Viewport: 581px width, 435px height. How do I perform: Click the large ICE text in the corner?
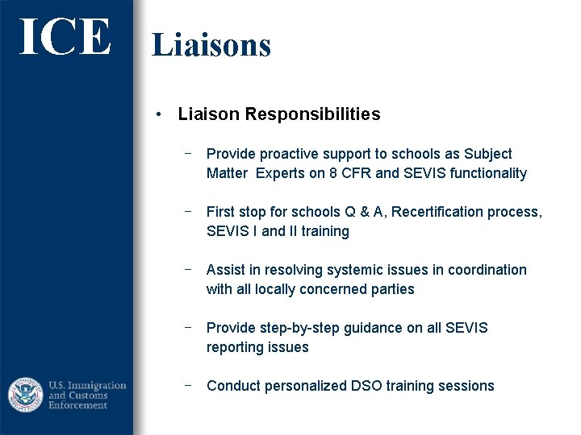coord(65,37)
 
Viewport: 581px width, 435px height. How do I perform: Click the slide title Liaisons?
coord(211,44)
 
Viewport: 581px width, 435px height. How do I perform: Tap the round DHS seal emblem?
coord(25,395)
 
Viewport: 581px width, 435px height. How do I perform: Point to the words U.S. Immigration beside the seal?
coord(87,385)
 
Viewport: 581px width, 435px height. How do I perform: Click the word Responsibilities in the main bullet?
coord(312,114)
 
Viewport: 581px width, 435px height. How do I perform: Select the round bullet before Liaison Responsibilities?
coord(161,114)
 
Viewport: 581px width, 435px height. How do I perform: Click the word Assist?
coord(226,270)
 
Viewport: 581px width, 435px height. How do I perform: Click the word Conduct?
coord(233,386)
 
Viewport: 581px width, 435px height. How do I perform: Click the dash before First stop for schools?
coord(187,212)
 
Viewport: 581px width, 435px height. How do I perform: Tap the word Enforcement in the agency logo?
coord(78,405)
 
